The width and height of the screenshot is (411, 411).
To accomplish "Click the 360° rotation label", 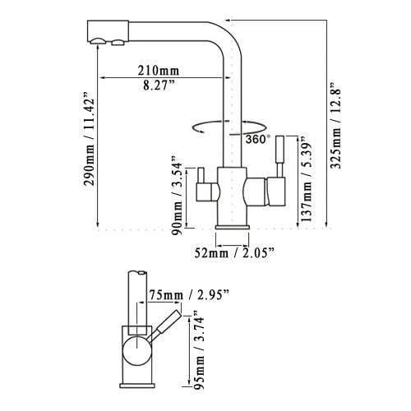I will coord(256,139).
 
